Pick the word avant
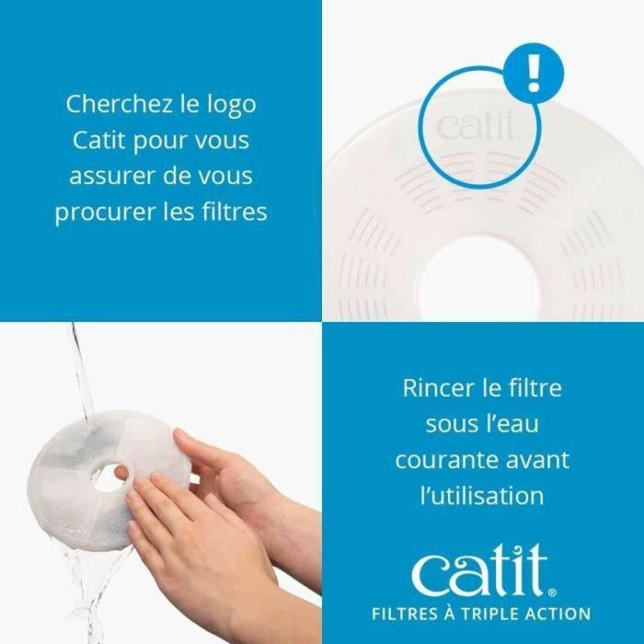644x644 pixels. click(x=535, y=459)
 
